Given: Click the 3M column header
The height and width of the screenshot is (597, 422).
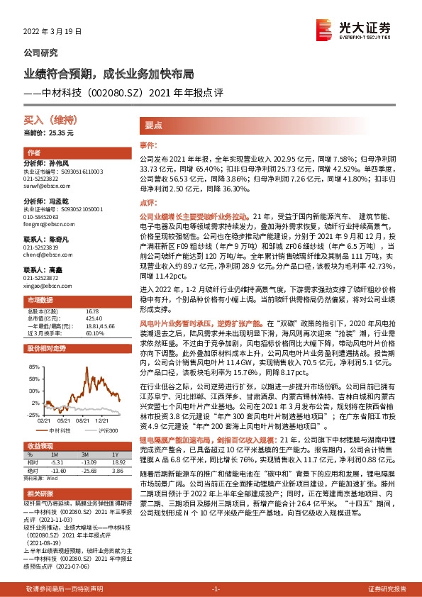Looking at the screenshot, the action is click(84, 453).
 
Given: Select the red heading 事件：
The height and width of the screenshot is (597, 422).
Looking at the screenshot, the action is click(148, 144).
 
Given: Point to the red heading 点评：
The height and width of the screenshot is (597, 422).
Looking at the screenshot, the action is click(148, 202).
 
